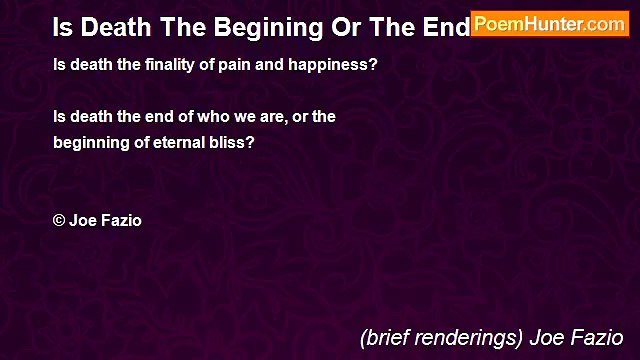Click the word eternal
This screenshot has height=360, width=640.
[188, 142]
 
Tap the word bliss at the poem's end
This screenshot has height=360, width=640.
[236, 142]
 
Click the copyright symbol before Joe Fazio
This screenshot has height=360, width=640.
[59, 221]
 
